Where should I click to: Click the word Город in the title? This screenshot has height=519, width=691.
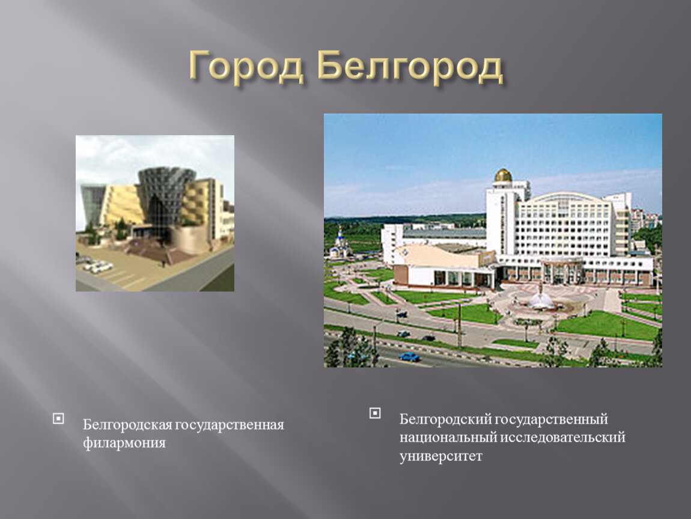tap(247, 67)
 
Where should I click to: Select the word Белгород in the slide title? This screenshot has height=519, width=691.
tap(410, 67)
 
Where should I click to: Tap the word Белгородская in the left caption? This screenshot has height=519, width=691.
tap(127, 425)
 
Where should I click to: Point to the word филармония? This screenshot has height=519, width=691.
tap(124, 443)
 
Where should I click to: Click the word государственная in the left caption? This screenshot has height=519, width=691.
tap(230, 425)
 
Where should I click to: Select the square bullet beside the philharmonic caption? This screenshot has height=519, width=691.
tap(58, 418)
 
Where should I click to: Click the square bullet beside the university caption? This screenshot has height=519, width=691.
tap(375, 413)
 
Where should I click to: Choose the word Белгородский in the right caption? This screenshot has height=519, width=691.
tap(445, 419)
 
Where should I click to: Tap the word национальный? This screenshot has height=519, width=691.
tap(448, 437)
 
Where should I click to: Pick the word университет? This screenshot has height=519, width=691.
tap(440, 456)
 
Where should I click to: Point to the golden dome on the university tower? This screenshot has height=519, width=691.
tap(503, 175)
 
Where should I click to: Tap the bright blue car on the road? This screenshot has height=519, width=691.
tap(409, 356)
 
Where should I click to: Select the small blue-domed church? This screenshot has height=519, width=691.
tap(340, 243)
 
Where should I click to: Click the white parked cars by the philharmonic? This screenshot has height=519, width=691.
tap(98, 266)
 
